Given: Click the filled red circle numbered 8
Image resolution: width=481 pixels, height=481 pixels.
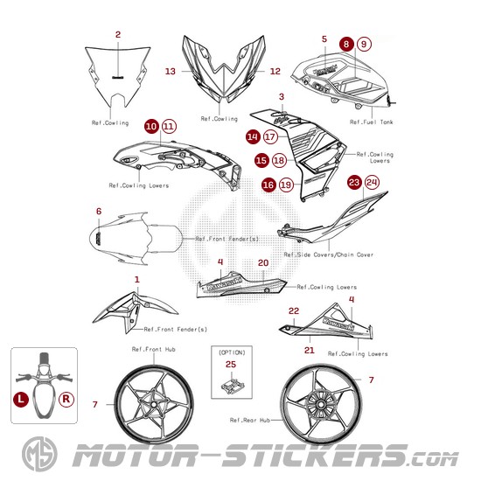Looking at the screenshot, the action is [346, 45].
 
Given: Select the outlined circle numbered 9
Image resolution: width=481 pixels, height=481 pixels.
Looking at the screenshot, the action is [364, 45].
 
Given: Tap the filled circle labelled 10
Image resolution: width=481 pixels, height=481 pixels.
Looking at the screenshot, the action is [151, 127].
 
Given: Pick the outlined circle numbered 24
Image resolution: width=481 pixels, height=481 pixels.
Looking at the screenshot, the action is [372, 183].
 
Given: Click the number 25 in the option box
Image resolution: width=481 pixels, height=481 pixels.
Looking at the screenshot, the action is [231, 365].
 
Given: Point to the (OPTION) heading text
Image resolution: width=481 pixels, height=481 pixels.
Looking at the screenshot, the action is [232, 352].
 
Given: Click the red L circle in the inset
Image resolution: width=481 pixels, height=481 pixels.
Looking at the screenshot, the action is [21, 400].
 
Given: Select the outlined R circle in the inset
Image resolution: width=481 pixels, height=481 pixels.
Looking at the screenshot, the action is [66, 400].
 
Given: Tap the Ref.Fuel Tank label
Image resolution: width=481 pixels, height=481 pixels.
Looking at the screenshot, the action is [371, 122].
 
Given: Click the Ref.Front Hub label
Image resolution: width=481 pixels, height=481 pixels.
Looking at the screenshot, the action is [154, 349].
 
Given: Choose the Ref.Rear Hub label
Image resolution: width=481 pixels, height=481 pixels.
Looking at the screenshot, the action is [250, 420].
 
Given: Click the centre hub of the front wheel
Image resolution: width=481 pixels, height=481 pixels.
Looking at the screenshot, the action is [154, 404].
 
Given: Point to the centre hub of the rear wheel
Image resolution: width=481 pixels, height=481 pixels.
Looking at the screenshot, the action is [321, 405].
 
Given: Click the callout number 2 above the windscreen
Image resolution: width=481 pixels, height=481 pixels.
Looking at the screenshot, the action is [118, 35].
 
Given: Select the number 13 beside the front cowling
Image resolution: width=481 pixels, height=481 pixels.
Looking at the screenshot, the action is [171, 72].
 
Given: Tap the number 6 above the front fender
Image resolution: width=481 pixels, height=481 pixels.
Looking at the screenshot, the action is [99, 212].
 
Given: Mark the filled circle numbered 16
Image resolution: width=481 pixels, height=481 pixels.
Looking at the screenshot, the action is [268, 185].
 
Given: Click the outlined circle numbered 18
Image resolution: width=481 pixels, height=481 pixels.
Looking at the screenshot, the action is [279, 160].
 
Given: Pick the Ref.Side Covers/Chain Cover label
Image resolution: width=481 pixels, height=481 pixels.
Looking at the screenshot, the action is [329, 254].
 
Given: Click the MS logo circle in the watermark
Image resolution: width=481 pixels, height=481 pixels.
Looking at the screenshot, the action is [39, 454].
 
